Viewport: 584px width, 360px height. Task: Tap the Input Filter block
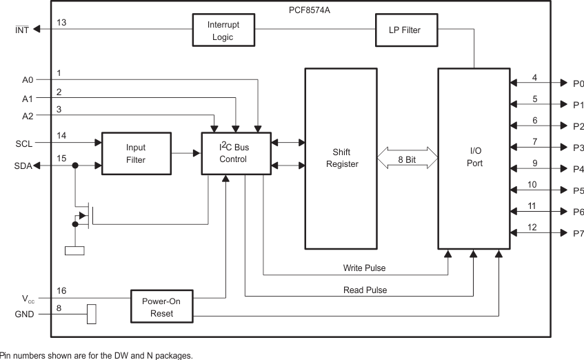click(x=135, y=154)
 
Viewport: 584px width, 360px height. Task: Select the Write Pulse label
click(x=364, y=268)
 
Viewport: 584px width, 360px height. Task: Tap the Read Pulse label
click(x=365, y=290)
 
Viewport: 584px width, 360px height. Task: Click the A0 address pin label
click(x=27, y=80)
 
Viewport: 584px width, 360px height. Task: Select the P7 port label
click(x=577, y=234)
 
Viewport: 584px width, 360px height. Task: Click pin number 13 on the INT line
click(x=61, y=23)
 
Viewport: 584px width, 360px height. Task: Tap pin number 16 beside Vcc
click(x=61, y=292)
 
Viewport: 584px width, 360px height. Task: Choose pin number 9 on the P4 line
click(x=534, y=163)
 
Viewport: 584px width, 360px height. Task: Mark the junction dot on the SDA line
click(x=74, y=166)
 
